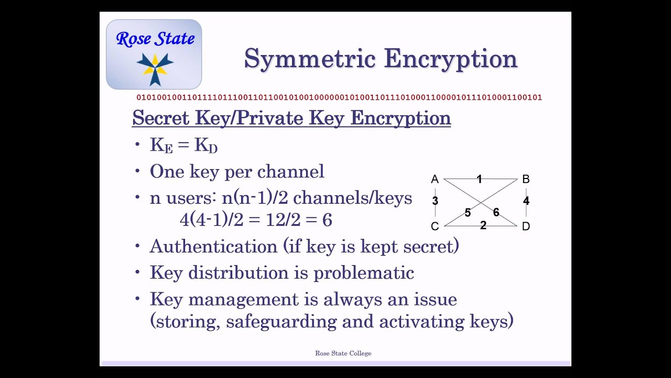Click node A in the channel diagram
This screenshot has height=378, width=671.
pyautogui.click(x=435, y=180)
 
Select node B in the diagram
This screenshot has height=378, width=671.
pyautogui.click(x=526, y=180)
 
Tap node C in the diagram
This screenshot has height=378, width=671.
pyautogui.click(x=435, y=226)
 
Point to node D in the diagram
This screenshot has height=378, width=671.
pyautogui.click(x=526, y=226)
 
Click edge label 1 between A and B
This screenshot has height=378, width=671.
pyautogui.click(x=479, y=179)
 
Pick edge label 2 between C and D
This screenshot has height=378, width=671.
pyautogui.click(x=483, y=225)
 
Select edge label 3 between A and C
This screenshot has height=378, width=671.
pyautogui.click(x=435, y=201)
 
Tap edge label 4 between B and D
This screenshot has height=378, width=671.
pyautogui.click(x=526, y=201)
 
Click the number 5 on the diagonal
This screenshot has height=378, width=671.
pyautogui.click(x=468, y=213)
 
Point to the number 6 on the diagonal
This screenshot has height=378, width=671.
pyautogui.click(x=496, y=212)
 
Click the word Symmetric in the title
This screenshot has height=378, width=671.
pyautogui.click(x=309, y=59)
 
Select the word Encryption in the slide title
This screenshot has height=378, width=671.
pyautogui.click(x=451, y=59)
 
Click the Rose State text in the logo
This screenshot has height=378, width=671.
pyautogui.click(x=155, y=38)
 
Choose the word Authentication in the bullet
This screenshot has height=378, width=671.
pyautogui.click(x=213, y=246)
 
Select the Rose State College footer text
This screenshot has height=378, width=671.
pyautogui.click(x=343, y=353)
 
